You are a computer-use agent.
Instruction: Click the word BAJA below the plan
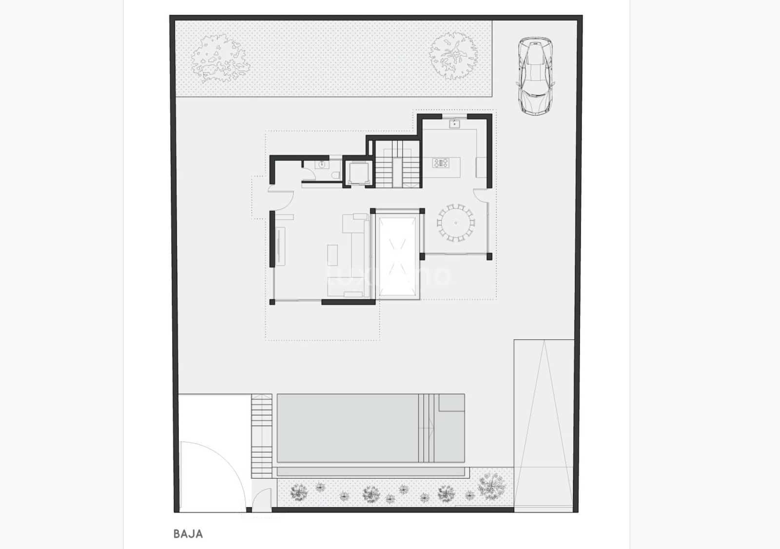pos(188,533)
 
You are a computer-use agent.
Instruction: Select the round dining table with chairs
pos(455,223)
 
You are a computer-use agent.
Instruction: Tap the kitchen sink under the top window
pos(455,124)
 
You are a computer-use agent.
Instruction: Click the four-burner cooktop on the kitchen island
pos(441,163)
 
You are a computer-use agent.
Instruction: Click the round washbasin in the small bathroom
pos(322,165)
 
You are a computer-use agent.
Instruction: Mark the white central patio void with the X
pos(398,256)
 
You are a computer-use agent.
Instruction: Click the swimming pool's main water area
pos(347,428)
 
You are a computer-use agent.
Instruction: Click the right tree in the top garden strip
pos(453,55)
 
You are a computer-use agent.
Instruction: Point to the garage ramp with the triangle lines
pos(544,424)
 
